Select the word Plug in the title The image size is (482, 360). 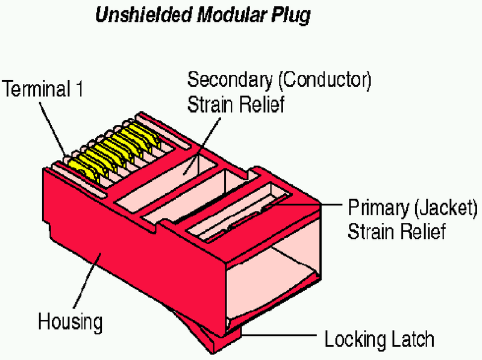click(291, 16)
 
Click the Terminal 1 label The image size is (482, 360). click(42, 89)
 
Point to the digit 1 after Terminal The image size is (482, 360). click(79, 89)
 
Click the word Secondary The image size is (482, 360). click(230, 80)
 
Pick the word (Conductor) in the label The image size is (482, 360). click(325, 80)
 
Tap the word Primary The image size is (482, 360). click(378, 208)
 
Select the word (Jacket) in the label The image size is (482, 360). click(446, 208)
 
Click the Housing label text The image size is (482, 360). click(70, 322)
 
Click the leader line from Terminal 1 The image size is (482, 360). click(52, 128)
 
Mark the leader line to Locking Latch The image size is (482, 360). click(278, 335)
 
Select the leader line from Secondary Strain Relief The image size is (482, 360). click(202, 146)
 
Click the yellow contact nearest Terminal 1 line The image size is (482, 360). click(83, 171)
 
